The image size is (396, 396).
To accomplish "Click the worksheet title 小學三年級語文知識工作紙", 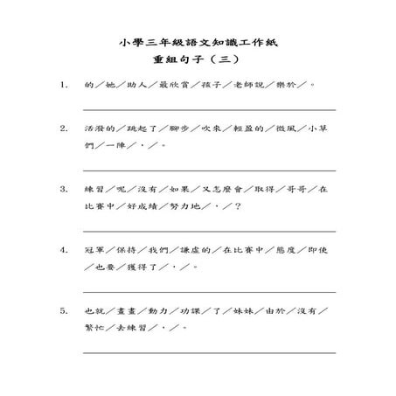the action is tap(198, 42).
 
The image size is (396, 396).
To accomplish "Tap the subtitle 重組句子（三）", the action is tap(198, 60).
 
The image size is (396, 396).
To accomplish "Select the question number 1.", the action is tap(64, 87).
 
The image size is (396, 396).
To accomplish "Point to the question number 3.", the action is tap(64, 188).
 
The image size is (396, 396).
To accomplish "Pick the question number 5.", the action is tap(64, 309).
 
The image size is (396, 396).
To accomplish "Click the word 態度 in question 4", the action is tap(283, 249).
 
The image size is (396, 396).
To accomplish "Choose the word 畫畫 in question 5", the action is tap(129, 309).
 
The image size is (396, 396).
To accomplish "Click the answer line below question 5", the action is tap(210, 351).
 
